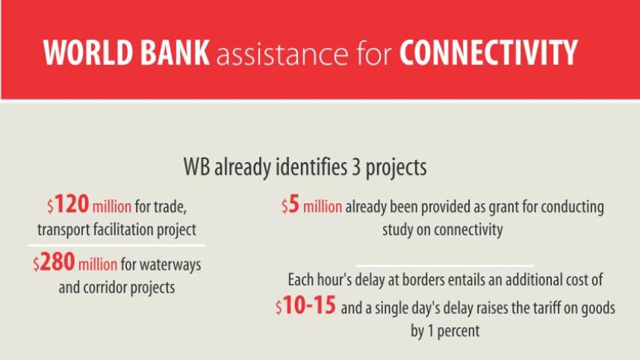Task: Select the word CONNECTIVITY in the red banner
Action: pyautogui.click(x=488, y=53)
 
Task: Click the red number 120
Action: pyautogui.click(x=72, y=205)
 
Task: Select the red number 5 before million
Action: pyautogui.click(x=294, y=206)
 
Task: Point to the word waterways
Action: pyautogui.click(x=175, y=265)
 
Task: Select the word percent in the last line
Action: pyautogui.click(x=456, y=330)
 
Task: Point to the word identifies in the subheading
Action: pyautogui.click(x=305, y=167)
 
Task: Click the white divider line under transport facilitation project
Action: pyautogui.click(x=116, y=245)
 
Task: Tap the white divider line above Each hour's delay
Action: pyautogui.click(x=445, y=264)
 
